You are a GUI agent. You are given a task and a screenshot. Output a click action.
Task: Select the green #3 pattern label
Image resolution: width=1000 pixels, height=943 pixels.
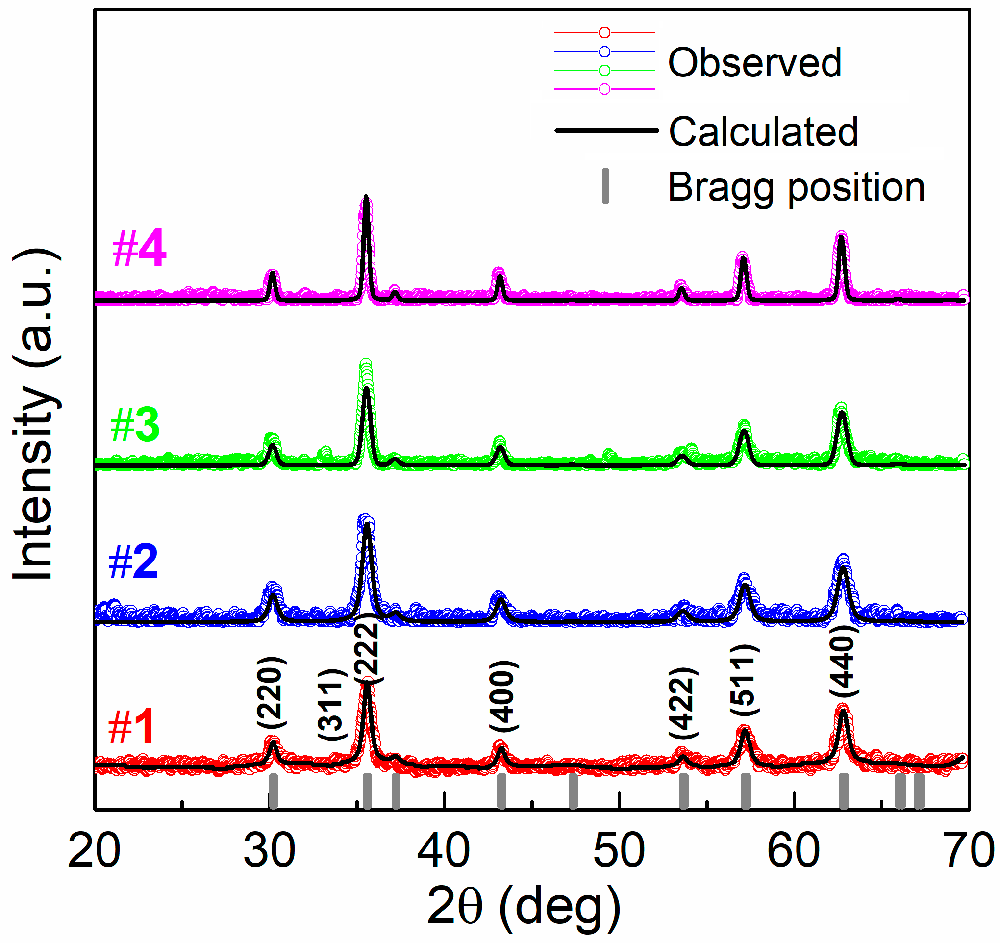tap(135, 425)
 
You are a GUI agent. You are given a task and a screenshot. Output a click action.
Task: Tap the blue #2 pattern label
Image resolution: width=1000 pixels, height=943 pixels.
tap(133, 562)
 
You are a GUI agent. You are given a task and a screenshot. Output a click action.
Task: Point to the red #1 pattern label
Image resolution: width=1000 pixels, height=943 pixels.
tap(131, 727)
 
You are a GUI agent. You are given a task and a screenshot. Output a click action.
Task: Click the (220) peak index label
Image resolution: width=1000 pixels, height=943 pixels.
tap(272, 692)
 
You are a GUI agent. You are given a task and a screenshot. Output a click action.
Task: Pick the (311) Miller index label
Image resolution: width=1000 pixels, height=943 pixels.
tap(332, 705)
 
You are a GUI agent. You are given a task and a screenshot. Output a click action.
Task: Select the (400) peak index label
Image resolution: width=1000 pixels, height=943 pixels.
tap(503, 696)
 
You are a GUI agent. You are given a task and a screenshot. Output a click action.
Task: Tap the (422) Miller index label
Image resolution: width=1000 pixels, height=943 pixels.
tap(683, 703)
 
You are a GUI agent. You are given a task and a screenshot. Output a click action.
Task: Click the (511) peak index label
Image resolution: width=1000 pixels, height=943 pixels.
tap(745, 679)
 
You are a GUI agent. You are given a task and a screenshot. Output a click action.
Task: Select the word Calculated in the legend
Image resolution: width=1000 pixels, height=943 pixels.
tap(763, 132)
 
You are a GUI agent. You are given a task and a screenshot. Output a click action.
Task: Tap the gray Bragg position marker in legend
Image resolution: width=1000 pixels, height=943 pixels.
tap(605, 186)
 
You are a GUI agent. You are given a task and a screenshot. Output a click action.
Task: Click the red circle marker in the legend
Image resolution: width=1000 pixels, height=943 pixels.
tap(604, 33)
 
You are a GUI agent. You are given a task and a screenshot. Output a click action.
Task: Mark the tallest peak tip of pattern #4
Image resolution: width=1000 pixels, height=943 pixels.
tap(366, 197)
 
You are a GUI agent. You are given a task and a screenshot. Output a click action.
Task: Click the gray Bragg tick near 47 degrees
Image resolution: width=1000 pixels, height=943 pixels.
tap(573, 791)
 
